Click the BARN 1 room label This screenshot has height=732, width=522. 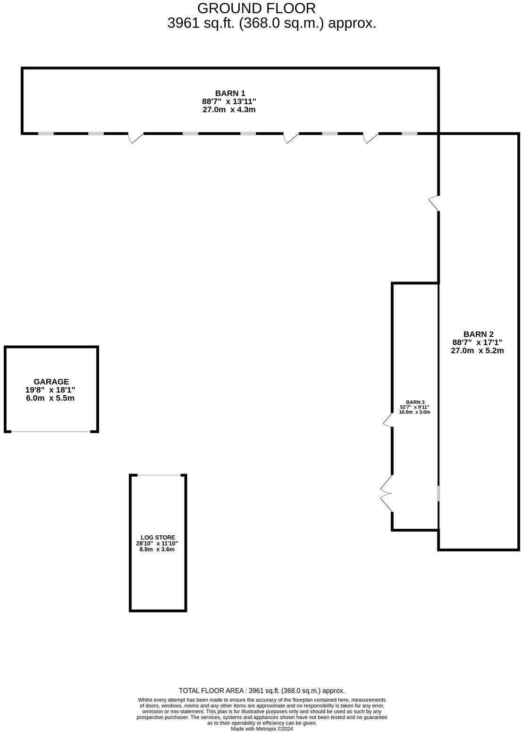coord(230,93)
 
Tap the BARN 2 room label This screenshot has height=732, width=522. coord(478,334)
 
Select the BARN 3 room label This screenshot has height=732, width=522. coord(415,402)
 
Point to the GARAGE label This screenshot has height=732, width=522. coord(51,382)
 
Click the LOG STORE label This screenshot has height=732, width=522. coord(158,537)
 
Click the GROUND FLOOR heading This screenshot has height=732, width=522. coord(256,8)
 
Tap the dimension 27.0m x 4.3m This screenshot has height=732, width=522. coord(230,110)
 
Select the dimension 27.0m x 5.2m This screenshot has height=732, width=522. coord(478,350)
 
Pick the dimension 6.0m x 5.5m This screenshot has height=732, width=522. coord(51,398)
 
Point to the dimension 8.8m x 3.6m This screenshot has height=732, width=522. coord(158,549)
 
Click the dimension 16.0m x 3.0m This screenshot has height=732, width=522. coord(415,412)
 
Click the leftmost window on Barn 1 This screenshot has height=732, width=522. coord(46,133)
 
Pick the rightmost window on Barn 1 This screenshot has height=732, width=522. coord(410,133)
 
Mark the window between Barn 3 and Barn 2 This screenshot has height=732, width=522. coord(438,493)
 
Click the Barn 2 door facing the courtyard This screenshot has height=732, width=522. coord(435,203)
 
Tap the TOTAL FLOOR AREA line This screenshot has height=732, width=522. coord(262,690)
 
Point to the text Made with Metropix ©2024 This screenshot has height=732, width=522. coord(262,729)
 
